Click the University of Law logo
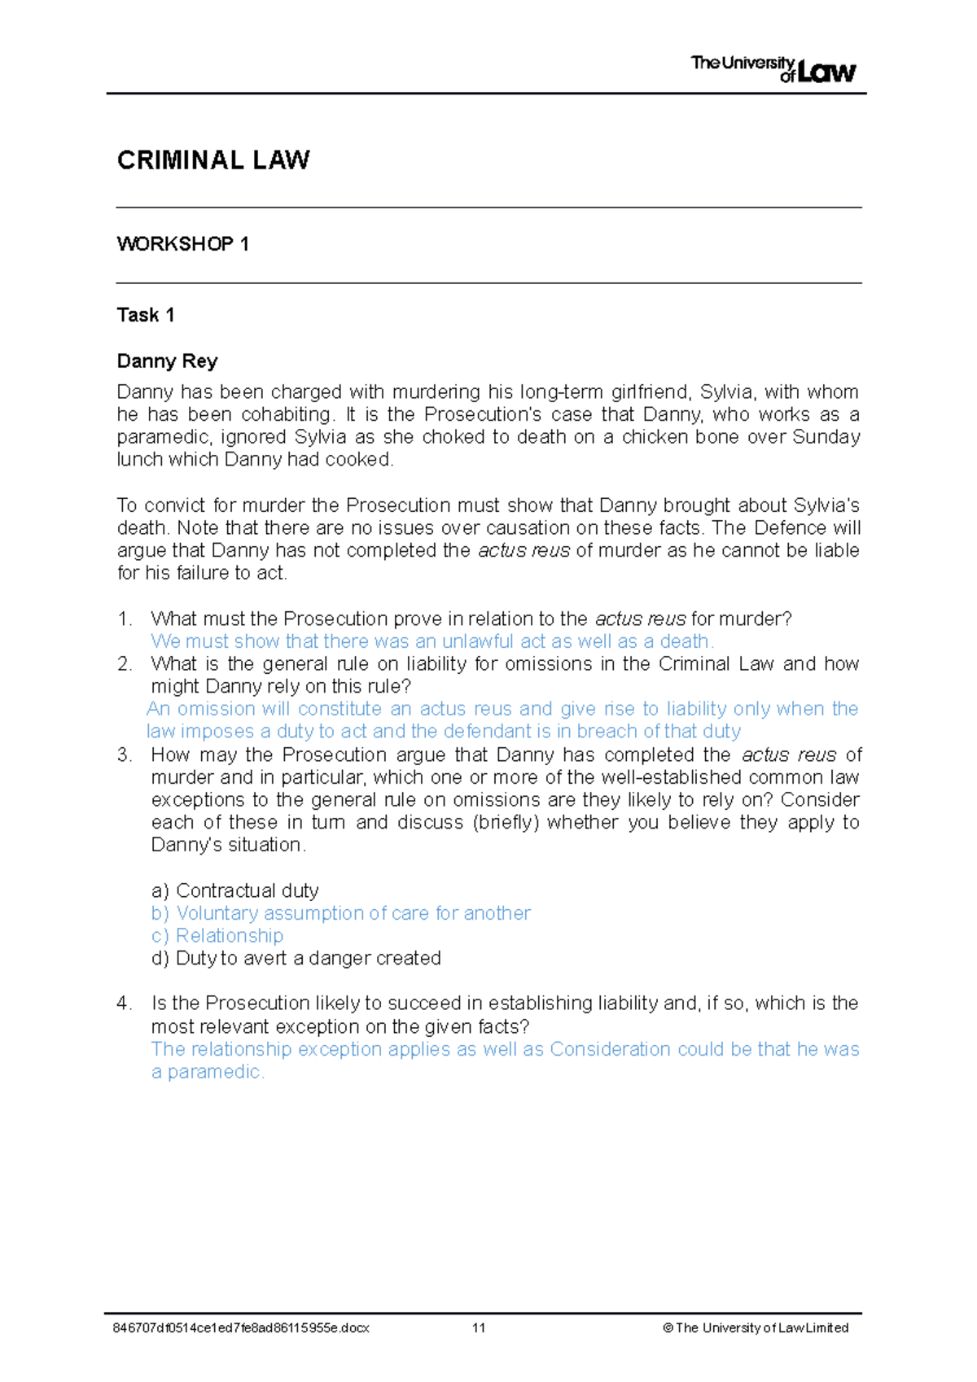point(773,69)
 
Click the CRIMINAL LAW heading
point(213,160)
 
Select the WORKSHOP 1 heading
point(183,244)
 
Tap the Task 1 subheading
point(146,315)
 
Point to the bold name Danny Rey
point(167,361)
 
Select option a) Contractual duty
point(235,890)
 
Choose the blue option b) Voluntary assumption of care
point(341,913)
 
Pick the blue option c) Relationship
point(217,936)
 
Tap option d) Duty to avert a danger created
point(296,958)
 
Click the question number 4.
point(124,1004)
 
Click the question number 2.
point(124,664)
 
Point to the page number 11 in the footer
point(479,1327)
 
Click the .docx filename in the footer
point(241,1327)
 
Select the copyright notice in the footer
point(756,1327)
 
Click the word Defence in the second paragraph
point(788,527)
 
